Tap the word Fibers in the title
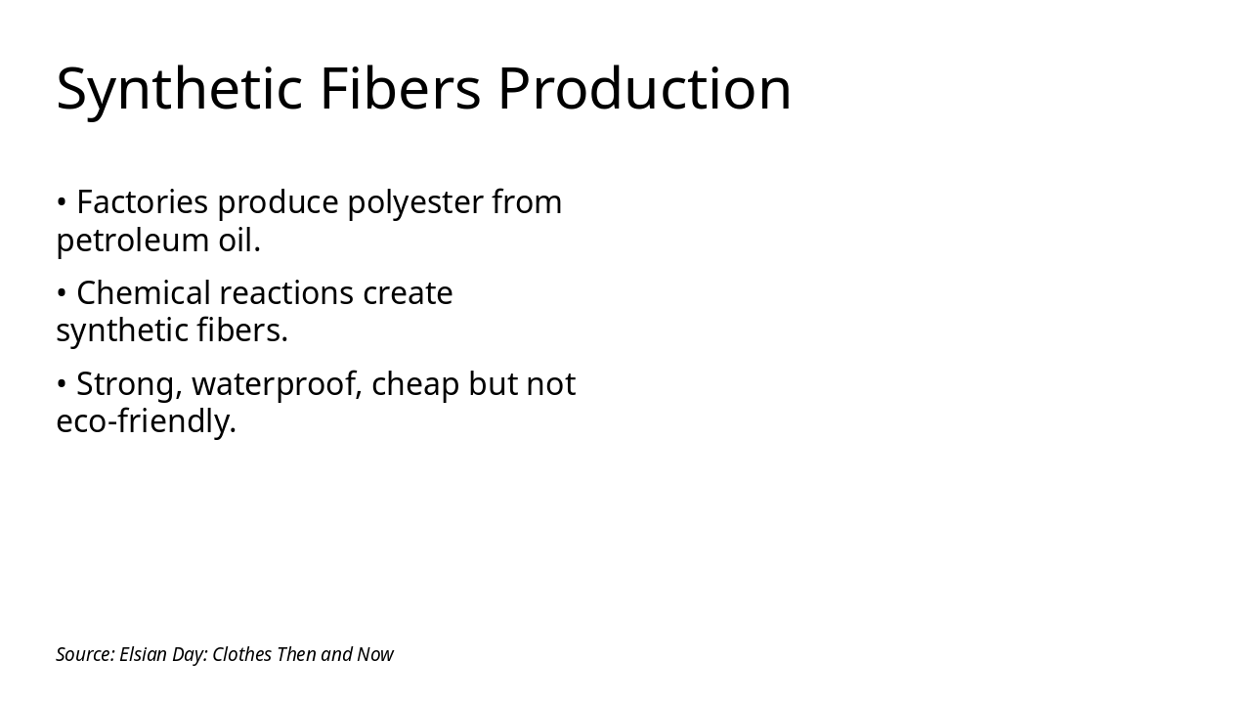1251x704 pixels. [400, 88]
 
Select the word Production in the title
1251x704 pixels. [644, 88]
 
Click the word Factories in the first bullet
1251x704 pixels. [142, 201]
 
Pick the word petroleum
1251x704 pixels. [132, 241]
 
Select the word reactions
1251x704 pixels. [286, 293]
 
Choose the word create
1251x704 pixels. [408, 294]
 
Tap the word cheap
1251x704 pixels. [415, 385]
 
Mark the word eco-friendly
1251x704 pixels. [147, 421]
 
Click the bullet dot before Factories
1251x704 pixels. [62, 202]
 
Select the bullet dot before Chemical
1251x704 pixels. [62, 293]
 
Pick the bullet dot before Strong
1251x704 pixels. [62, 384]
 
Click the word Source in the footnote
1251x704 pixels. [85, 654]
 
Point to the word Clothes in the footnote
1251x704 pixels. [242, 654]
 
